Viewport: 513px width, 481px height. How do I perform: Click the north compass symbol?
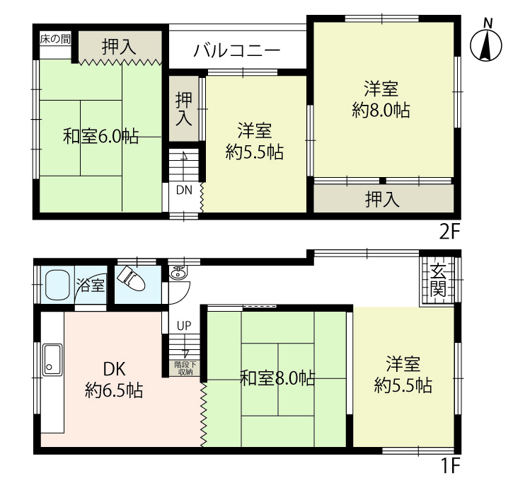(486, 45)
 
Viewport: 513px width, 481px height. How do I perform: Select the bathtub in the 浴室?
(57, 285)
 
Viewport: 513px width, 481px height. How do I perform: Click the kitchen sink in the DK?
(52, 360)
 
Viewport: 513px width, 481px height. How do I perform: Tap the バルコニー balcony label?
(237, 51)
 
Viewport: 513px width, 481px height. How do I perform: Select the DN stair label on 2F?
(184, 191)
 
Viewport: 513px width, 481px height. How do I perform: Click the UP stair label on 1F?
(184, 325)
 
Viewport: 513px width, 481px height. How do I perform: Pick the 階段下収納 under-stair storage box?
(184, 368)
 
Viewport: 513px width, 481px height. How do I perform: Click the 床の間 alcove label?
(55, 39)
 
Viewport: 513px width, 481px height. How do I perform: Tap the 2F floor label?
(450, 232)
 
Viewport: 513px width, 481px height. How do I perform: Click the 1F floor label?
(451, 465)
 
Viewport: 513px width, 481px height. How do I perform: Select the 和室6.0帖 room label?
(100, 136)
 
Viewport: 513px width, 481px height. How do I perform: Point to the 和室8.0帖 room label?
(277, 378)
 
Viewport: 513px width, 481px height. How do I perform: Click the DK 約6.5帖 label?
(114, 380)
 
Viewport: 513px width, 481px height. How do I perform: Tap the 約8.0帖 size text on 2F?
(381, 110)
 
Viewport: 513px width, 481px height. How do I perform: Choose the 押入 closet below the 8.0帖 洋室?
(384, 198)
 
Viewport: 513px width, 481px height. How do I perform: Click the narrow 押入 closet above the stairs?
(184, 108)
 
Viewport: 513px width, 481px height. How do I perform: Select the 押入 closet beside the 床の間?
(120, 47)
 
